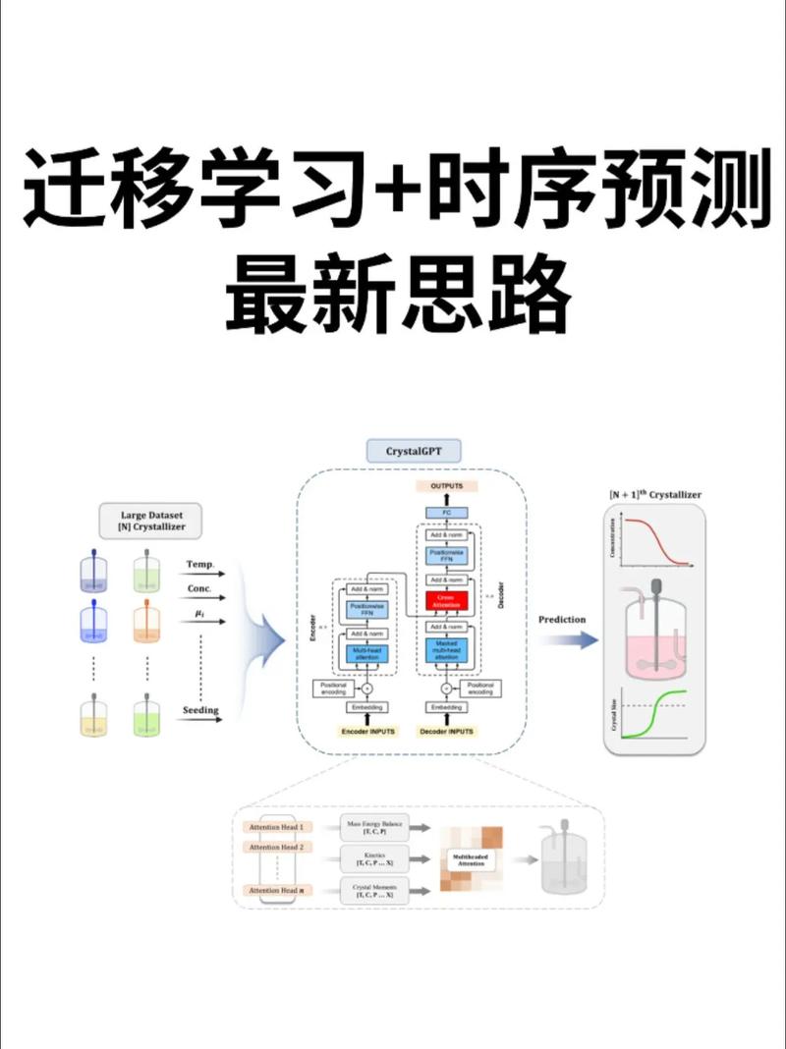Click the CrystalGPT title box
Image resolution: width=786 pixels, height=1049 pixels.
tap(413, 452)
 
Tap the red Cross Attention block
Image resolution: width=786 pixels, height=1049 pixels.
tap(446, 598)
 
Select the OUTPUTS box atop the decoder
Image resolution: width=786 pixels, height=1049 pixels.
tap(446, 486)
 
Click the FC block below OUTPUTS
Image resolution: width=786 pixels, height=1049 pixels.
tap(446, 513)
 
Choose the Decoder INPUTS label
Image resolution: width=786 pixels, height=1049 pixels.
tap(446, 732)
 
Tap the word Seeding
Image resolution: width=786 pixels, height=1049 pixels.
tap(200, 709)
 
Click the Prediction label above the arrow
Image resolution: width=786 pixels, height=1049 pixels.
tap(562, 620)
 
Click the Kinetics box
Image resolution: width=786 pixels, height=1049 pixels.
tap(373, 858)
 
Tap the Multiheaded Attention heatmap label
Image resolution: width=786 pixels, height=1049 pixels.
tap(471, 858)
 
